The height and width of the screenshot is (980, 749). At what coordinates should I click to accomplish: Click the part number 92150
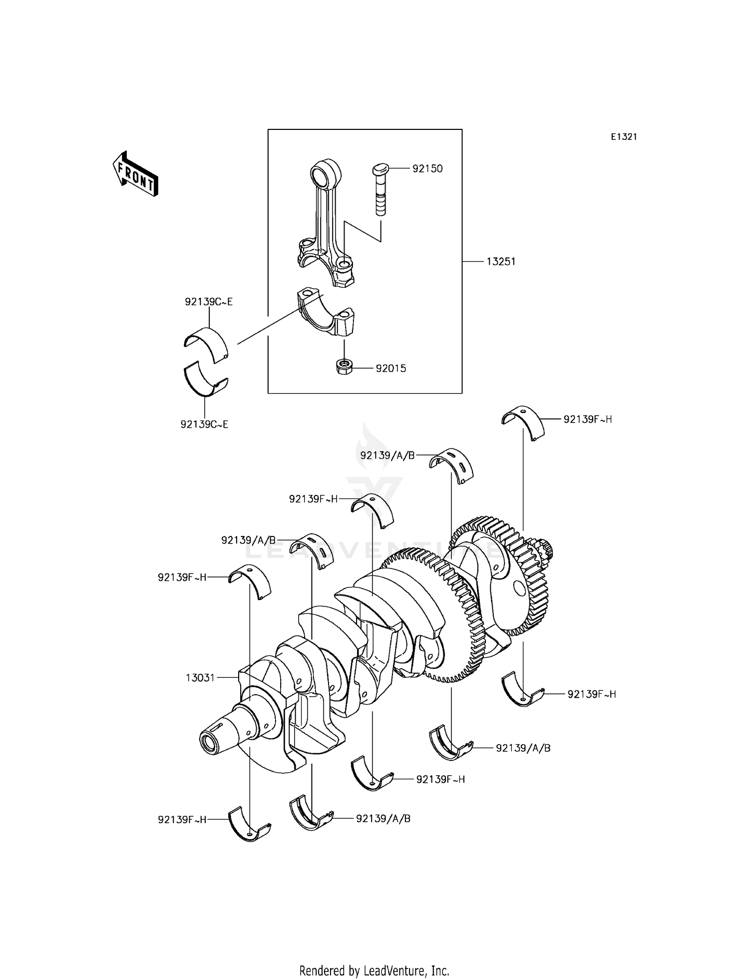(427, 169)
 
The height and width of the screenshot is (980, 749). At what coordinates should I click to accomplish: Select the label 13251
(501, 261)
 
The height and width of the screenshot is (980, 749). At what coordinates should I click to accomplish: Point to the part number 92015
(391, 369)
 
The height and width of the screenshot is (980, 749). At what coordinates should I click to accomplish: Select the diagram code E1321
(624, 137)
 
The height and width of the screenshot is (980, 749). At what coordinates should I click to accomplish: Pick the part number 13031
(200, 678)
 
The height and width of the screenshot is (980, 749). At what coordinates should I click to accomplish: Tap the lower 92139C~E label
(205, 425)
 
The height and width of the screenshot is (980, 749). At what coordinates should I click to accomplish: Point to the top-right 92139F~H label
(588, 420)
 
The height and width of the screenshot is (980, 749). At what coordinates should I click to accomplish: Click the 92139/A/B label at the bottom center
(383, 819)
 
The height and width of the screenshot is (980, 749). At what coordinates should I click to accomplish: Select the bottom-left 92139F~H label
(182, 820)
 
